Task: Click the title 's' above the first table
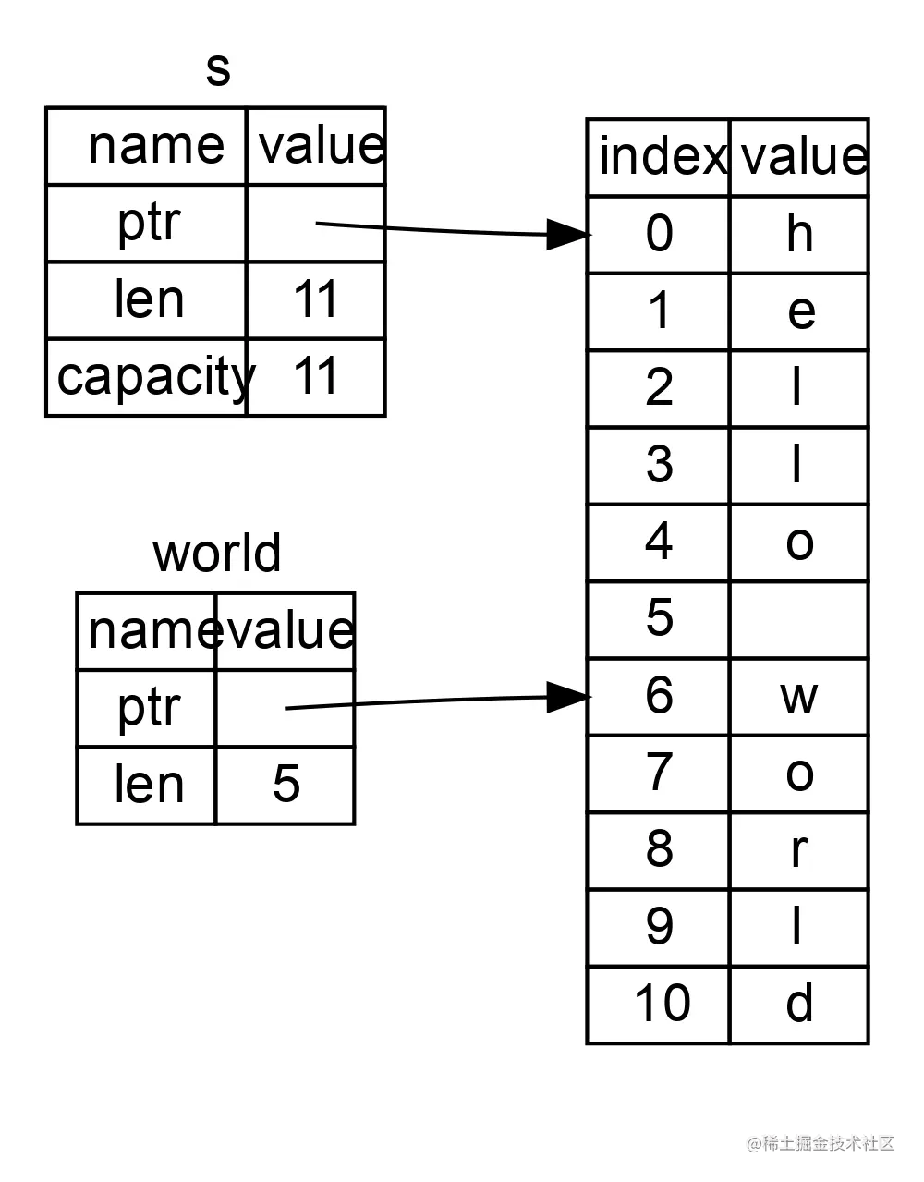tap(217, 70)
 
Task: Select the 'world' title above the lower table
tap(216, 554)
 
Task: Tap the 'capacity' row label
tap(152, 376)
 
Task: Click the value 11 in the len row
tap(316, 299)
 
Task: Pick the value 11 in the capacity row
tap(316, 376)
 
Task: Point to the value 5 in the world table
tap(286, 784)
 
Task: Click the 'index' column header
tap(660, 156)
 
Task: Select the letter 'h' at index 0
tap(799, 233)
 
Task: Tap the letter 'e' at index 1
tap(800, 311)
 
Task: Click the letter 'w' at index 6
tap(799, 696)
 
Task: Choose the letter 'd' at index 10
tap(799, 1004)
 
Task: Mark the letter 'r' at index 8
tap(799, 849)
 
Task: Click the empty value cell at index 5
tap(799, 619)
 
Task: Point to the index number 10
tap(661, 1004)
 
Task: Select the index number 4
tap(659, 542)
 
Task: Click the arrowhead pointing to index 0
tap(565, 234)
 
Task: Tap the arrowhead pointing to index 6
tap(565, 697)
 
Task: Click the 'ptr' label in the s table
tap(148, 223)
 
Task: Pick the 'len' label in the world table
tap(148, 784)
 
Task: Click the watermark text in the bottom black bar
tap(819, 1142)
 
